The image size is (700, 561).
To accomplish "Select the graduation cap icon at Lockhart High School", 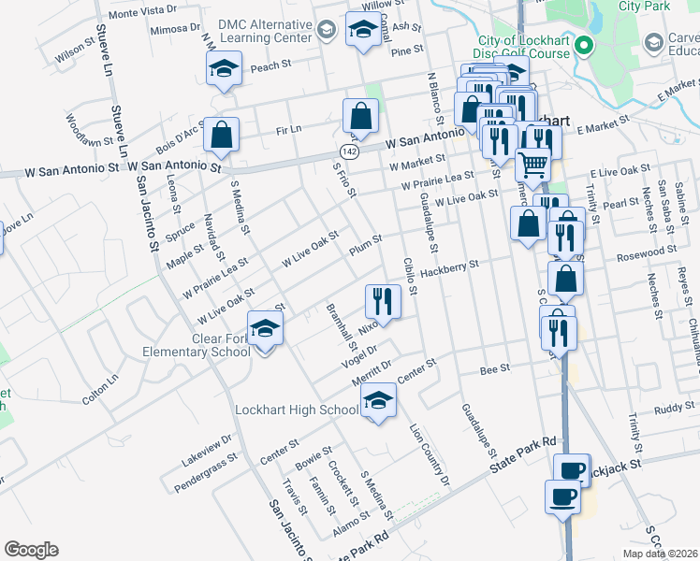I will pyautogui.click(x=378, y=402).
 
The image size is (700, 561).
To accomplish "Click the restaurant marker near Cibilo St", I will pyautogui.click(x=382, y=300).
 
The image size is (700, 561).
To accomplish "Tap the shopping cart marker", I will pyautogui.click(x=532, y=165).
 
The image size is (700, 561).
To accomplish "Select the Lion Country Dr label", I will pyautogui.click(x=430, y=455).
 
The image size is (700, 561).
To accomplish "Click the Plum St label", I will pyautogui.click(x=365, y=245).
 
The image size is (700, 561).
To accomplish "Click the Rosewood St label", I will pyautogui.click(x=647, y=252).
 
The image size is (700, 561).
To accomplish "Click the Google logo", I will pyautogui.click(x=31, y=550).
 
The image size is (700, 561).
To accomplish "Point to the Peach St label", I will pyautogui.click(x=271, y=66).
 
